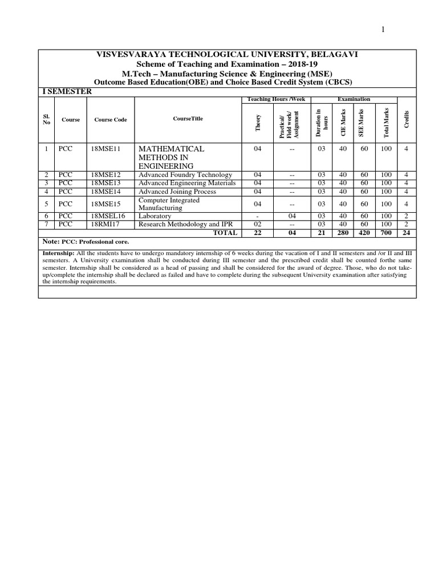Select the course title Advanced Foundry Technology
[185, 175]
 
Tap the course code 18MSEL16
[108, 217]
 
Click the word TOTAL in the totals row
[224, 233]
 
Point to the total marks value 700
[387, 233]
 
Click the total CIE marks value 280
[342, 233]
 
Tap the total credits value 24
[406, 233]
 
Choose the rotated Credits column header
[406, 120]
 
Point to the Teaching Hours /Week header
[276, 99]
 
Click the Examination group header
[354, 99]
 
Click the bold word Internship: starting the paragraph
[58, 252]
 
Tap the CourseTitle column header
[188, 119]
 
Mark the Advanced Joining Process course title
[177, 191]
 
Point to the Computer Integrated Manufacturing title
[169, 204]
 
